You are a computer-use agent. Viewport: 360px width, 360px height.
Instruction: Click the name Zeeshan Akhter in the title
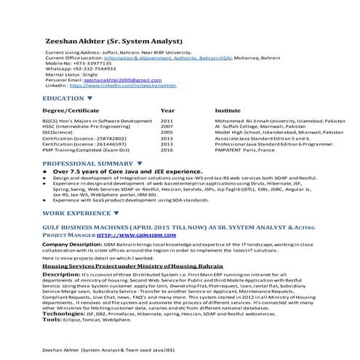(72, 41)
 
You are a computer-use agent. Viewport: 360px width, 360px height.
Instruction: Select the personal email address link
(112, 79)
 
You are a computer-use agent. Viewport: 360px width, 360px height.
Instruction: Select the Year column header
(167, 110)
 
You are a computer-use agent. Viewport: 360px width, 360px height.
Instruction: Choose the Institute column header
(228, 110)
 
